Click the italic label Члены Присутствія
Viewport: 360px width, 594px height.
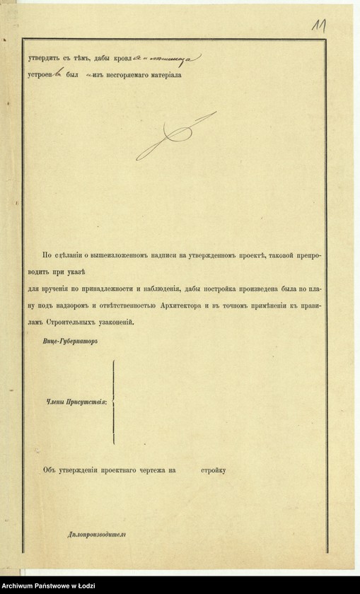tap(77, 401)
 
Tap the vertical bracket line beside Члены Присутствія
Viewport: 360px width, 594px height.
tap(113, 401)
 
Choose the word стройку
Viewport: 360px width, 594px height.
tap(212, 469)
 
